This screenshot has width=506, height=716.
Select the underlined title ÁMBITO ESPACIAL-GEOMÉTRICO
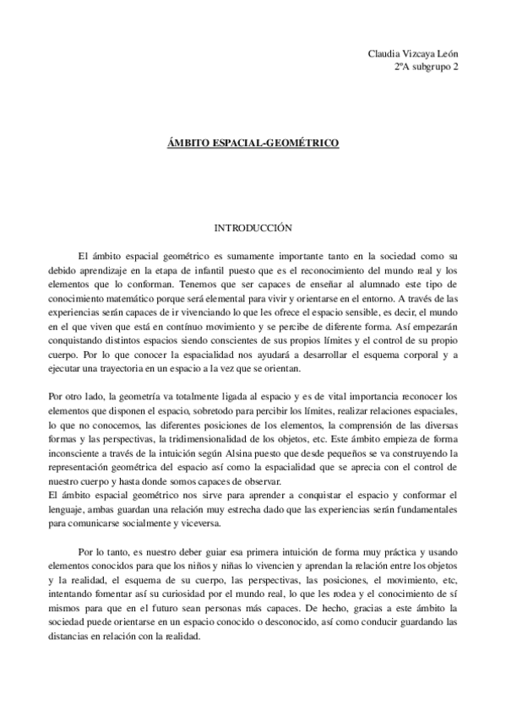(253, 144)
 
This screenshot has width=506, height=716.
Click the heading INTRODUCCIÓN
(253, 228)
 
